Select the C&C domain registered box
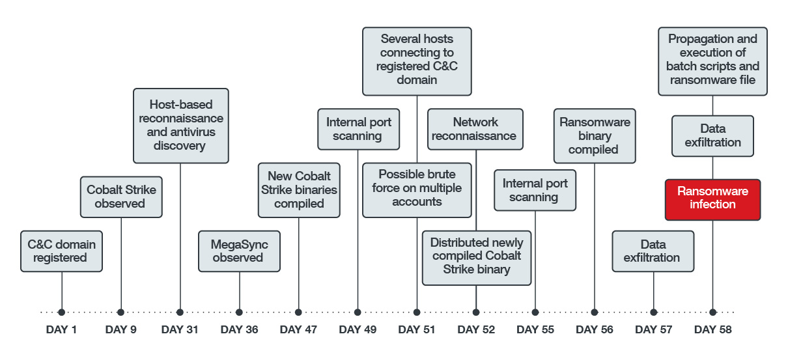coord(61,251)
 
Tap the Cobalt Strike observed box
coord(120,197)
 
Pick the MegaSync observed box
coord(239,251)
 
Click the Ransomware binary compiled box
coord(594,136)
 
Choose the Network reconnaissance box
coord(475,129)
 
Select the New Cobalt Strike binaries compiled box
coord(299,189)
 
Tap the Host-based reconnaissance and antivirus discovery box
coord(180,125)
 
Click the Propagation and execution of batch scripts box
coord(712,60)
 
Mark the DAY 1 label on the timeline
coord(61,330)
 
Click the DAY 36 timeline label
coord(239,330)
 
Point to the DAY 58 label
coord(712,330)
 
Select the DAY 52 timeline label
coord(476,330)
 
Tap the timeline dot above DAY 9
coord(120,312)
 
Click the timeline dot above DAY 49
coord(358,312)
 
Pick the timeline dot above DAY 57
coord(653,312)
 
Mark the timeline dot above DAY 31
coord(180,312)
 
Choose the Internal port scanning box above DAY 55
coord(535,190)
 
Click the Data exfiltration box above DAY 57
coord(653,251)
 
